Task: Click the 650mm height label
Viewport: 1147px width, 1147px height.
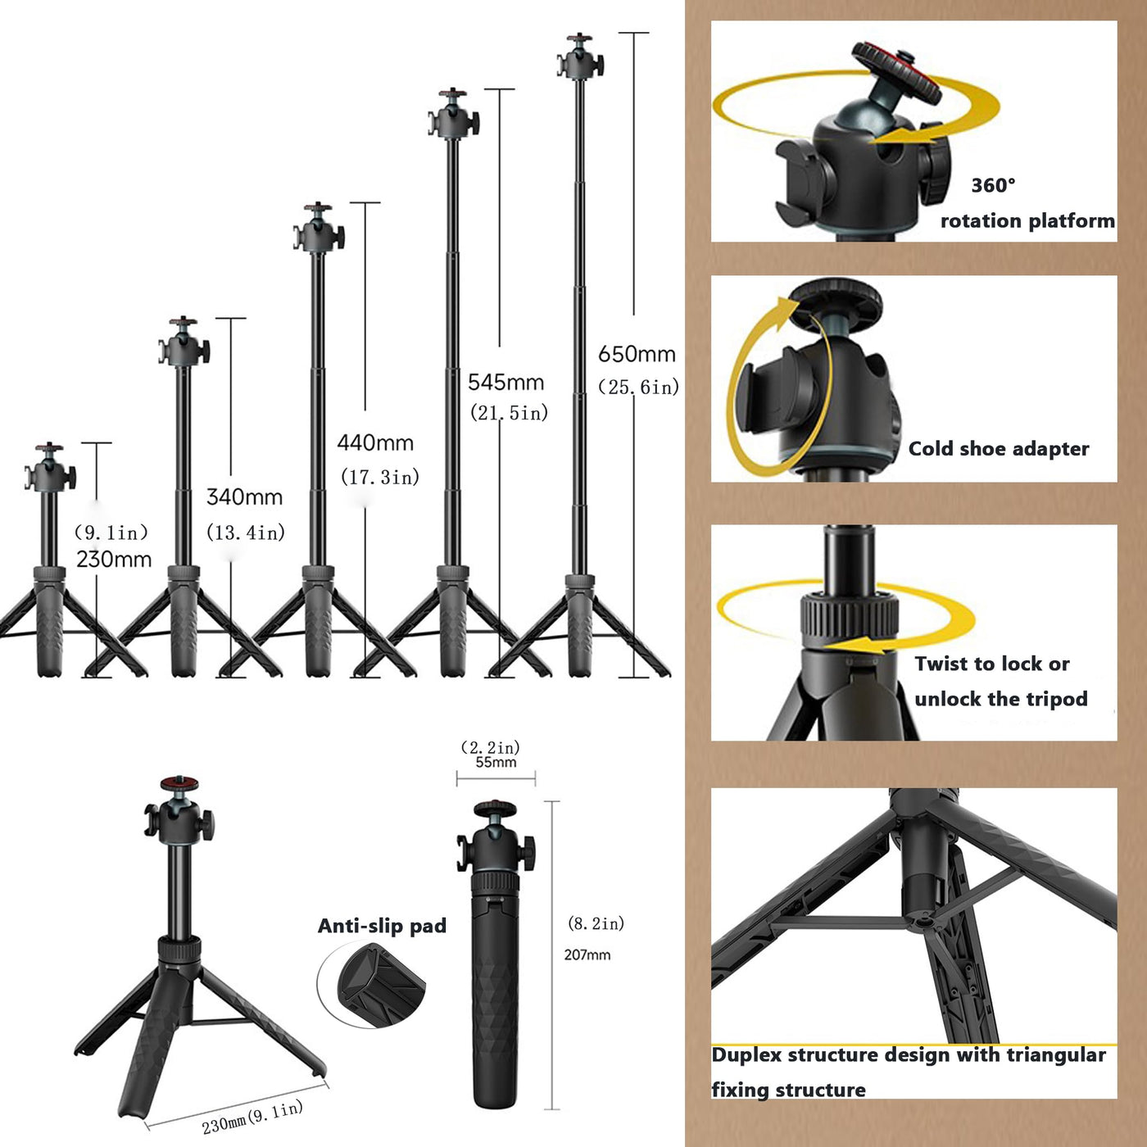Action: tap(637, 354)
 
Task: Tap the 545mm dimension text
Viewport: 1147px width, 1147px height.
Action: tap(506, 382)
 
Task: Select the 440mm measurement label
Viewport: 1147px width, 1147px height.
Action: tap(375, 443)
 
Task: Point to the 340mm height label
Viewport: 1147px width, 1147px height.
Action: tap(244, 497)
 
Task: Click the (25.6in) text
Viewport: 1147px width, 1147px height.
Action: tap(639, 388)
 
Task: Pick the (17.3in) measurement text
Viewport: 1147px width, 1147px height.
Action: tap(380, 477)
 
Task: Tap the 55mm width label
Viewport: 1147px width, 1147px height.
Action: tap(496, 762)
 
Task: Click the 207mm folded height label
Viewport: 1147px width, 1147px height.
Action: tap(587, 955)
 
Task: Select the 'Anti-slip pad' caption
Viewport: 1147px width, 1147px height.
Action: tap(382, 926)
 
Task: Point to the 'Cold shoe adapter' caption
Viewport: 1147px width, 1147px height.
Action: tap(999, 449)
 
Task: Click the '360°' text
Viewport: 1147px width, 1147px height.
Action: tap(993, 186)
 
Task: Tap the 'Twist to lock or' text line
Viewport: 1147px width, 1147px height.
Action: tap(991, 664)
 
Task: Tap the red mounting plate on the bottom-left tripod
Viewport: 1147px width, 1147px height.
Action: tap(179, 782)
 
